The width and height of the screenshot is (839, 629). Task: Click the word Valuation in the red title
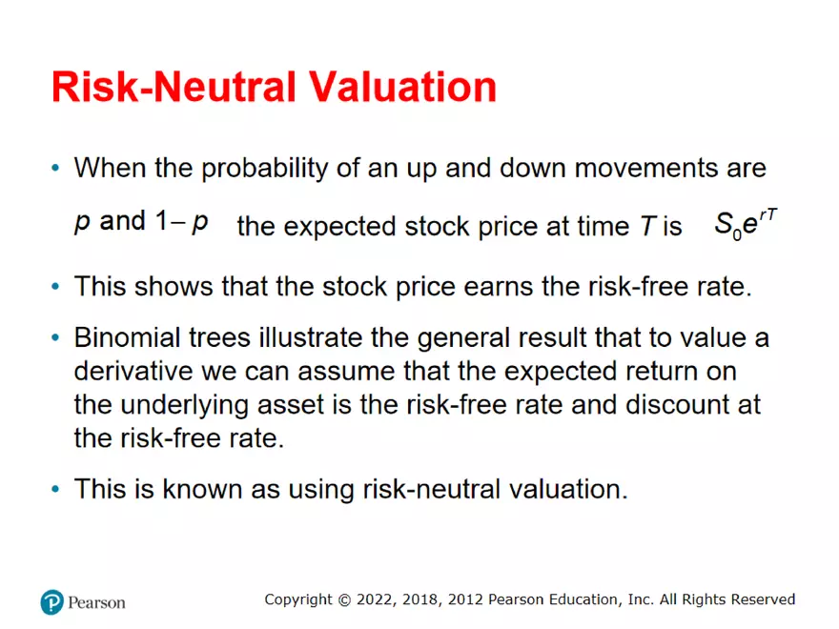(x=403, y=87)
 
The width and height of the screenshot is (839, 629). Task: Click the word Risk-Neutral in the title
(x=174, y=87)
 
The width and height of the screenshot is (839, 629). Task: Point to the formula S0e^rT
(x=746, y=224)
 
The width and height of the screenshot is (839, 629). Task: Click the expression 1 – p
(x=182, y=221)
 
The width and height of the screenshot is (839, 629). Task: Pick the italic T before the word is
(x=648, y=226)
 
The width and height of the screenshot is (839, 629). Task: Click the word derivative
(x=133, y=371)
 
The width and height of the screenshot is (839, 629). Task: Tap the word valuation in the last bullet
(x=567, y=489)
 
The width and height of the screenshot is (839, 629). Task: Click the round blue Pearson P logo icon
(x=51, y=602)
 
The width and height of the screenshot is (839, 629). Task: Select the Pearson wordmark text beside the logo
(x=96, y=602)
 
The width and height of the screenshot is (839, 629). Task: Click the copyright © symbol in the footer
(x=344, y=599)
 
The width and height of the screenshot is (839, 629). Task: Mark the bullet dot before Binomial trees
(x=55, y=338)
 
